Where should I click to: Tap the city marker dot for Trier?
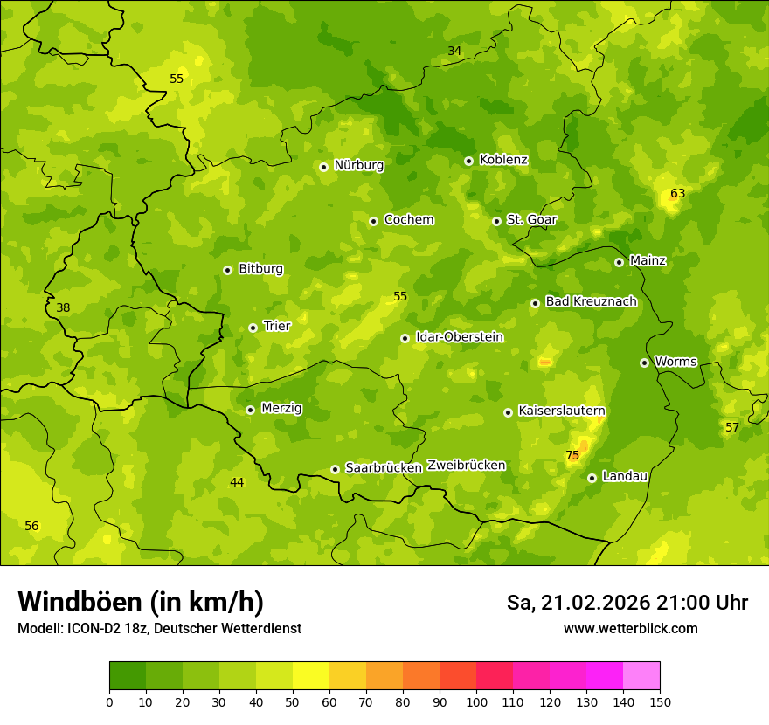pos(253,328)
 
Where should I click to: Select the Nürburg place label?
pos(358,165)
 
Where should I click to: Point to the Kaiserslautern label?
pos(562,411)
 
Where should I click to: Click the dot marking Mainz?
pos(619,262)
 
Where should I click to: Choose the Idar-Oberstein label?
pos(460,337)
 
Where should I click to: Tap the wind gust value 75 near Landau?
pos(572,455)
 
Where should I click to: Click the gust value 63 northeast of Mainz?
pos(677,193)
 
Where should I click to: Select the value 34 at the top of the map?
pos(454,51)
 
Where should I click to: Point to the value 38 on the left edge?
pos(63,307)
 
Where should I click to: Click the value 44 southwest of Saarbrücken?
pos(237,482)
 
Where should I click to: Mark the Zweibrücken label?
pos(466,465)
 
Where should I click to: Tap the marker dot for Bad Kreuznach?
pos(535,303)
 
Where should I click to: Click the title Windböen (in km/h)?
pos(141,602)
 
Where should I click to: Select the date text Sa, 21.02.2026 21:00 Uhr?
pos(627,603)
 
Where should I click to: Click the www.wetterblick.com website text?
pos(630,628)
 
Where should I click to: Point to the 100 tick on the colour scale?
pos(476,701)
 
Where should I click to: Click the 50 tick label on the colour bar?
pos(293,701)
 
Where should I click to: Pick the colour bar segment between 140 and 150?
pos(641,676)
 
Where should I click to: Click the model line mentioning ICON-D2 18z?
pos(159,628)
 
